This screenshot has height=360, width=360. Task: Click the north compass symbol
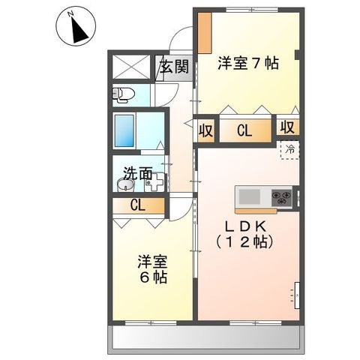(x=76, y=26)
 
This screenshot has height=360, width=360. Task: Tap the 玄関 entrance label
(x=174, y=67)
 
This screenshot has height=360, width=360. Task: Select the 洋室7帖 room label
(x=248, y=63)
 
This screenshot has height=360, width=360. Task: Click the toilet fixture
(x=123, y=94)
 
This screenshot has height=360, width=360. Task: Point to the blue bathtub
(x=124, y=130)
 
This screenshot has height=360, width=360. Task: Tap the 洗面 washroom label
(x=138, y=173)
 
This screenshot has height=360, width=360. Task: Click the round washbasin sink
(x=126, y=185)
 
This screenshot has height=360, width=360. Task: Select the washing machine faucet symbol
(x=154, y=182)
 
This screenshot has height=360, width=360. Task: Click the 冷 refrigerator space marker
(x=290, y=150)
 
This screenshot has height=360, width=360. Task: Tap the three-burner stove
(x=282, y=197)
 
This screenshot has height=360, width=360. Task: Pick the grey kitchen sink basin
(x=249, y=196)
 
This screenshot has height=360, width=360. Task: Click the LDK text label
(x=245, y=226)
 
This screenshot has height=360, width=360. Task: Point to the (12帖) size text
(x=244, y=241)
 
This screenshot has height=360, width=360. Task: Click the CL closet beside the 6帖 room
(x=138, y=205)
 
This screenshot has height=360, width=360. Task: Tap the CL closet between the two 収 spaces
(x=245, y=130)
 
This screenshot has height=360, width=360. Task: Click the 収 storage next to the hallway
(x=206, y=130)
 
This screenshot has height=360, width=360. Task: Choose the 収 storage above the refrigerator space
(x=288, y=127)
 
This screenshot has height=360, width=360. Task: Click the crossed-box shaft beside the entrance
(x=131, y=67)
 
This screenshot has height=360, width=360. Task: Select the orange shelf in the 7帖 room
(x=205, y=33)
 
